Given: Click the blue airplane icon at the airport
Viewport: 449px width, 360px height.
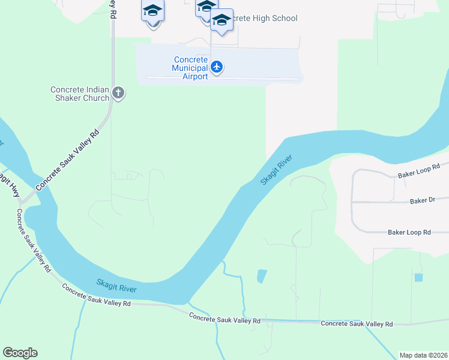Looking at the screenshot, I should pos(217,67).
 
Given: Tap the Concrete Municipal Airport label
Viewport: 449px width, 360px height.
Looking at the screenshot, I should pos(190,68).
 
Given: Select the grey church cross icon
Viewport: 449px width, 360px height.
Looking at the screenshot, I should pos(118,92).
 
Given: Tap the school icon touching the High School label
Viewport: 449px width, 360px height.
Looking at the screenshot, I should pos(221,21).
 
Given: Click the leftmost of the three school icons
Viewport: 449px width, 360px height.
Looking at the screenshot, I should pos(152,11).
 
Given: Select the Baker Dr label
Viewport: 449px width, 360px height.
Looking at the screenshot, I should pos(422,201).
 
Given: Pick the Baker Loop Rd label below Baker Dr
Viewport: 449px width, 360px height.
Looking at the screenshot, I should pos(409,232).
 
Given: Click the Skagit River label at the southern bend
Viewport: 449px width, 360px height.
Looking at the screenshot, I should pos(116,286).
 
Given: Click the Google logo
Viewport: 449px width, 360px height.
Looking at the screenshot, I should pos(20,353).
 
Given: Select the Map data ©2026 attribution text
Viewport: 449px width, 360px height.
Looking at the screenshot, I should pos(423,355).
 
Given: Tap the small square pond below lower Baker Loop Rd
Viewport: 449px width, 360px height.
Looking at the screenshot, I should pos(418,277).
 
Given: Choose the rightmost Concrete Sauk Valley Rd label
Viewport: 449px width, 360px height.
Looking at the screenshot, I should pos(357,323).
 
